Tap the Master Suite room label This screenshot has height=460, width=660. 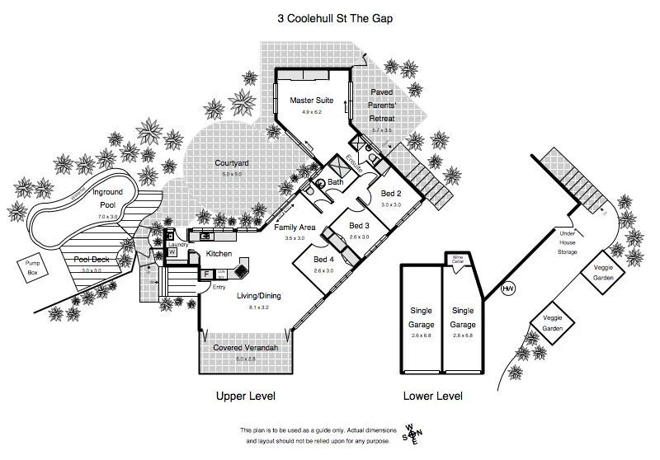(x=310, y=101)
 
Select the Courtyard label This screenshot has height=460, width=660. (x=232, y=163)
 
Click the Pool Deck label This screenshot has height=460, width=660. (x=92, y=260)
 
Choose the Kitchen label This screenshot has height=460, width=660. (x=219, y=253)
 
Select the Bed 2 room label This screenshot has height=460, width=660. (x=391, y=193)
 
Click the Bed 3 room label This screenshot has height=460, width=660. (x=360, y=226)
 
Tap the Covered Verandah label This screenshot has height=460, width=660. (x=245, y=348)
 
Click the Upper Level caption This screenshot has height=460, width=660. (x=245, y=396)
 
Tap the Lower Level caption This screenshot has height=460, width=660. (x=432, y=396)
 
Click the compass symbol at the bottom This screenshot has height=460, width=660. (x=411, y=434)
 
